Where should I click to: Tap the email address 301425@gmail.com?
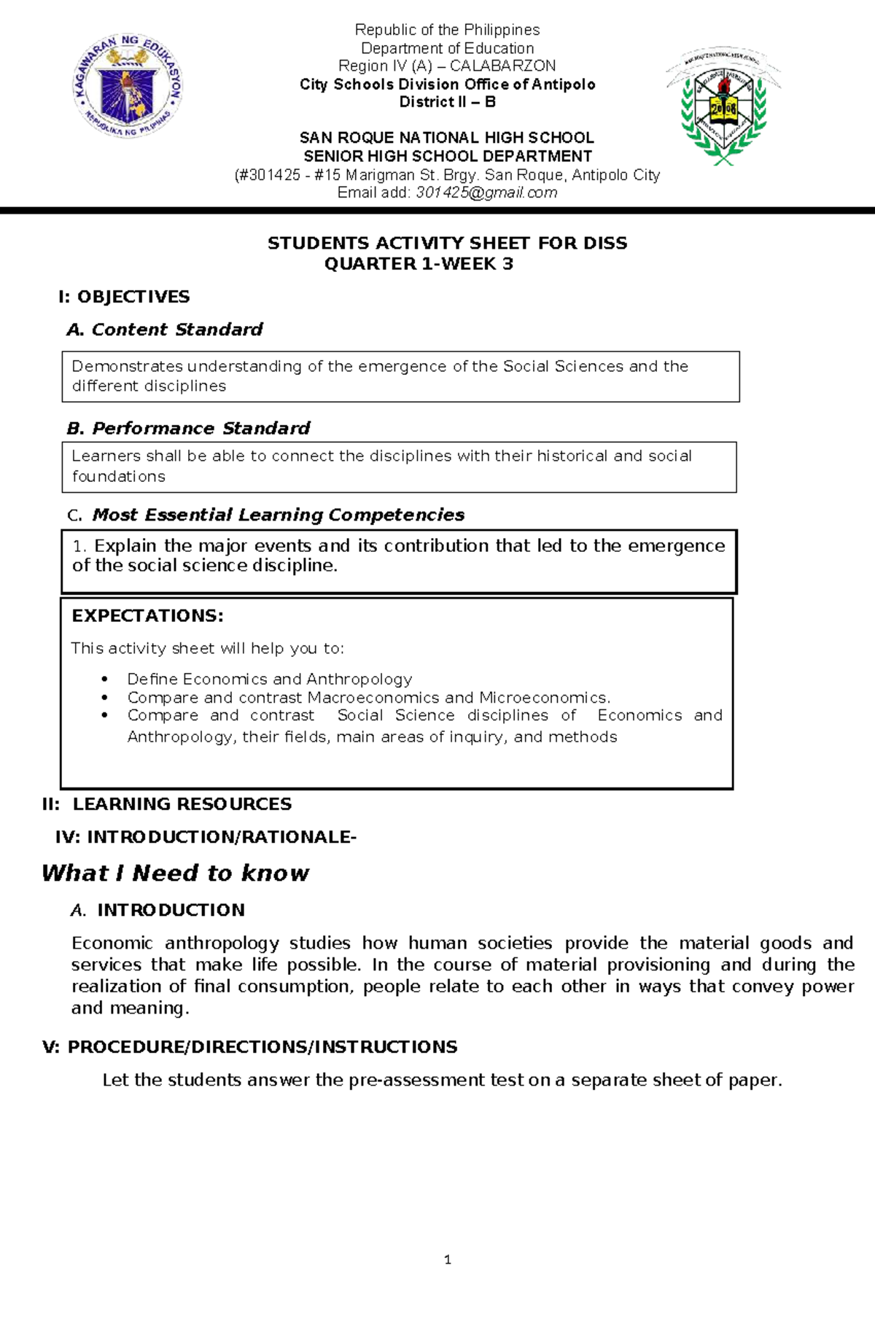tap(486, 193)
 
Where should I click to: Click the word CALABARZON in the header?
tap(502, 66)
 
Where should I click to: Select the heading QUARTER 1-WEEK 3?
tap(419, 264)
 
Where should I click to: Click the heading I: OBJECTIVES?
tap(124, 297)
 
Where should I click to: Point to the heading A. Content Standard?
tap(165, 330)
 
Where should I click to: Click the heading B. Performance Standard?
tap(188, 428)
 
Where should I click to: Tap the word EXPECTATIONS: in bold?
tap(147, 615)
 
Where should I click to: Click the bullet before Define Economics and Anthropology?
tap(105, 679)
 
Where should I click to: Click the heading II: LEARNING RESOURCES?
tap(167, 804)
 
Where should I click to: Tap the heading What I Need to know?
tap(175, 874)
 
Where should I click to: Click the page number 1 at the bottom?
tap(447, 1259)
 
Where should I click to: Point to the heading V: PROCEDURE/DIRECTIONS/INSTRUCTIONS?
tap(250, 1047)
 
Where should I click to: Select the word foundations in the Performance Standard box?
tap(119, 477)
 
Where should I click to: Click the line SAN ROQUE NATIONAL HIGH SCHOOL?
tap(447, 138)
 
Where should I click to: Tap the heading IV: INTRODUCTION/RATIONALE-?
tap(206, 837)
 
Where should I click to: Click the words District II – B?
tap(447, 102)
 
